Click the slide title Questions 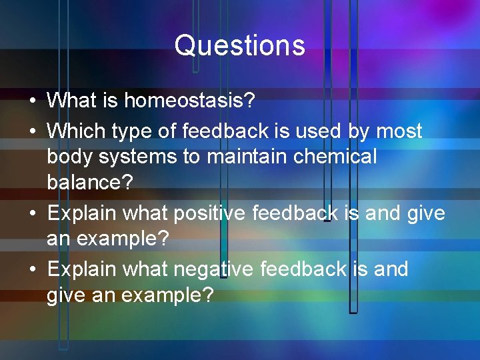(240, 46)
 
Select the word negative (213, 269)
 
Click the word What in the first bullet (72, 101)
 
